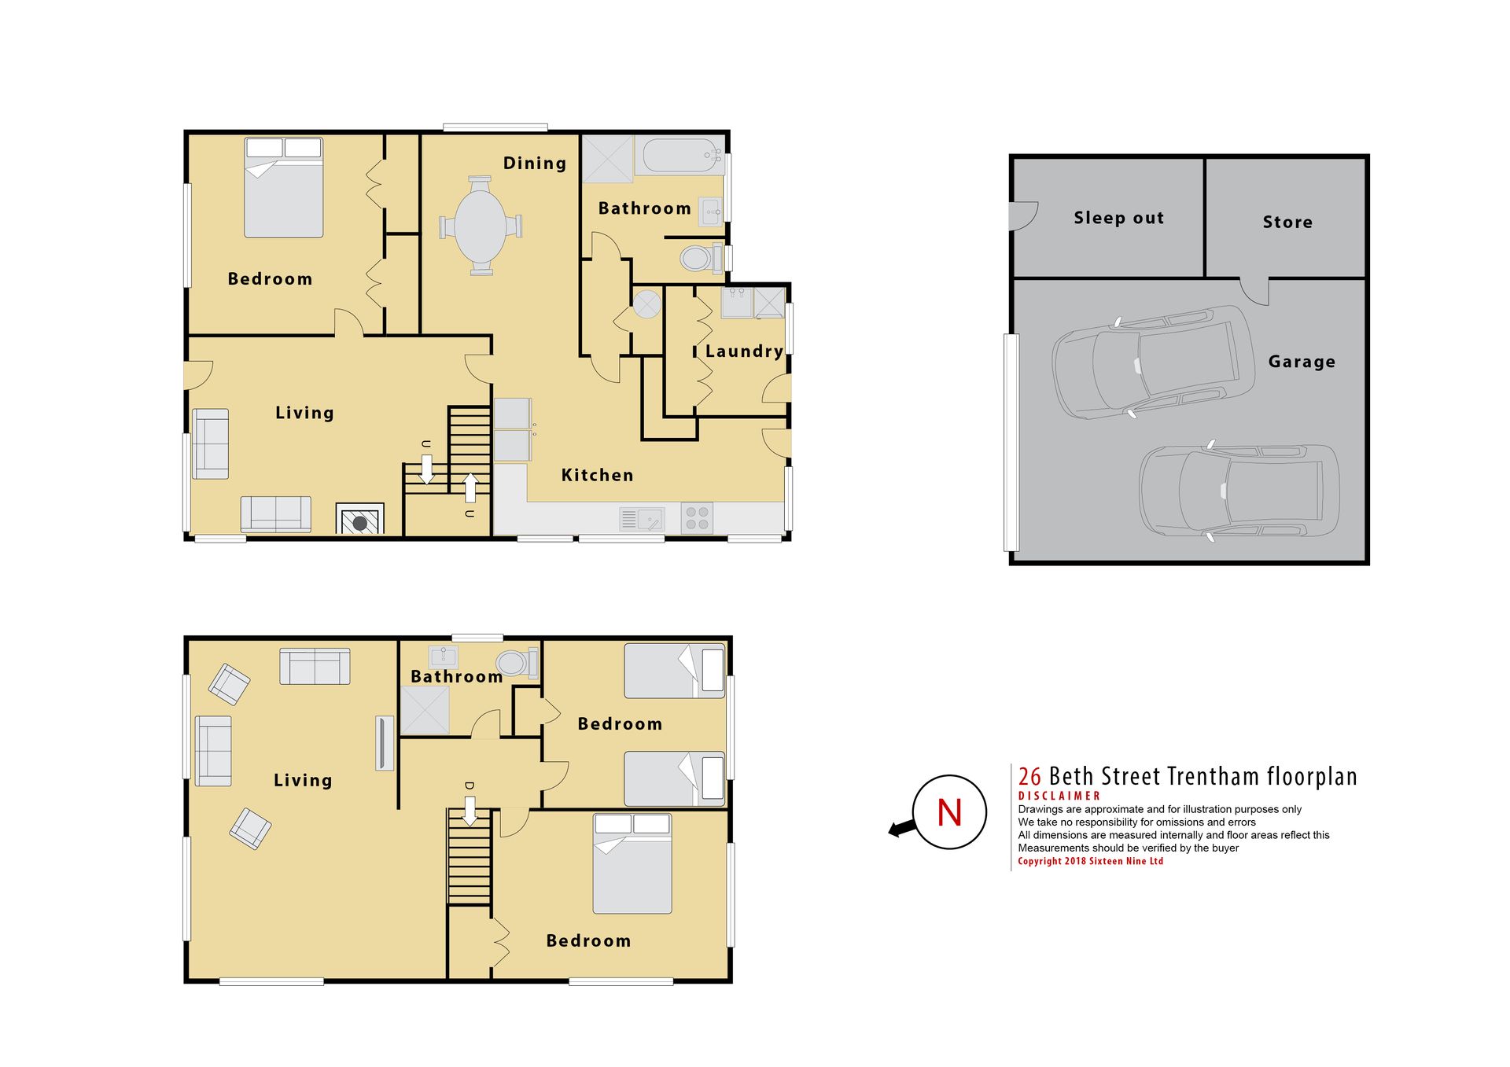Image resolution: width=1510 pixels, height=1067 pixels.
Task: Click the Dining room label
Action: click(535, 164)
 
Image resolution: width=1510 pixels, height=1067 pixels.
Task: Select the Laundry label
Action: click(744, 351)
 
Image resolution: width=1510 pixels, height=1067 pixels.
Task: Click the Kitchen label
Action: click(597, 475)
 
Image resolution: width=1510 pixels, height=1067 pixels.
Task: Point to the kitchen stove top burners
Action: click(697, 518)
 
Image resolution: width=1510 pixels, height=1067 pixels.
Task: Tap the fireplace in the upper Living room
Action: click(360, 519)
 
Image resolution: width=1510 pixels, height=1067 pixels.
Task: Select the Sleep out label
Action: click(1119, 218)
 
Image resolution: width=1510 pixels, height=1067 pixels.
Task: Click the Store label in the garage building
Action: click(1287, 223)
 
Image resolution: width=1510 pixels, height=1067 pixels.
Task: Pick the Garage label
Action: click(1302, 362)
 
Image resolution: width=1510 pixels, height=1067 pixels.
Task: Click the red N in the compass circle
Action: click(950, 812)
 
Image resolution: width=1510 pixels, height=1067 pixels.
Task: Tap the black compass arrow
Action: click(902, 828)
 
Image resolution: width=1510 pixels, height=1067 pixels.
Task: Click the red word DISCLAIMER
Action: click(1059, 796)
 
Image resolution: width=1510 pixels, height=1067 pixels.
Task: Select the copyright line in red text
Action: click(1091, 861)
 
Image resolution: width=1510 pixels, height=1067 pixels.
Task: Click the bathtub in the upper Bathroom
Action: click(679, 156)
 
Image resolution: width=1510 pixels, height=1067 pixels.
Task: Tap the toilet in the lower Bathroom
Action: click(517, 663)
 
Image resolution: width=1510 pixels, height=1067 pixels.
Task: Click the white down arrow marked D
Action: click(470, 811)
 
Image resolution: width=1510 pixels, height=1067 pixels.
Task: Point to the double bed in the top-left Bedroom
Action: click(283, 187)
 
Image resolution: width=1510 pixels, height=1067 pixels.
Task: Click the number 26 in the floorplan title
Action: click(1029, 777)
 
